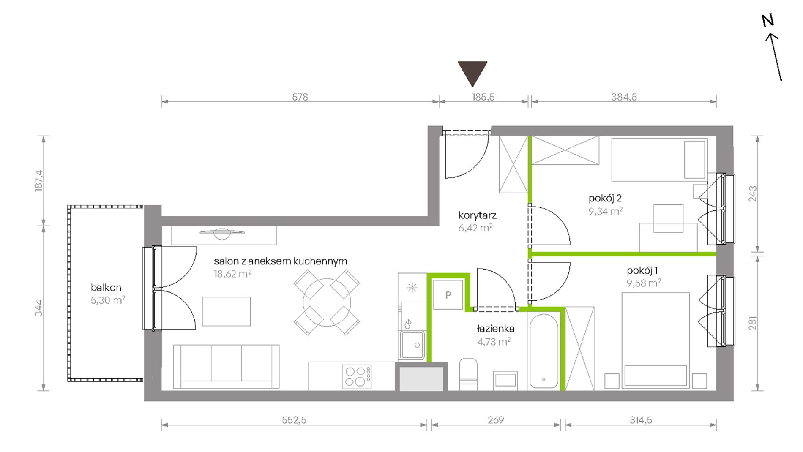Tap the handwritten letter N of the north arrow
pyautogui.click(x=768, y=20)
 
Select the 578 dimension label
pyautogui.click(x=300, y=97)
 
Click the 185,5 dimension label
pyautogui.click(x=483, y=97)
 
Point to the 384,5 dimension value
pyautogui.click(x=624, y=97)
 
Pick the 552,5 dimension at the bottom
pyautogui.click(x=294, y=420)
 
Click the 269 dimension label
pyautogui.click(x=496, y=420)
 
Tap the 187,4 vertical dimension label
pyautogui.click(x=39, y=181)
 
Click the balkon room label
pyautogui.click(x=106, y=288)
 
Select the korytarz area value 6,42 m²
pyautogui.click(x=475, y=228)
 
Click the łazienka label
pyautogui.click(x=496, y=329)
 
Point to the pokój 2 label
pyautogui.click(x=605, y=198)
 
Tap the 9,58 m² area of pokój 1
pyautogui.click(x=644, y=283)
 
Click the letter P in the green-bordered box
pyautogui.click(x=448, y=295)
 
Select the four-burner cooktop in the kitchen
pyautogui.click(x=357, y=376)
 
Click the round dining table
pyautogui.click(x=327, y=302)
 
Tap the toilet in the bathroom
pyautogui.click(x=468, y=374)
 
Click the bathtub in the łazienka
pyautogui.click(x=544, y=351)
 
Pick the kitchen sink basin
pyautogui.click(x=412, y=345)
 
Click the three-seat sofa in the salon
pyautogui.click(x=226, y=366)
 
